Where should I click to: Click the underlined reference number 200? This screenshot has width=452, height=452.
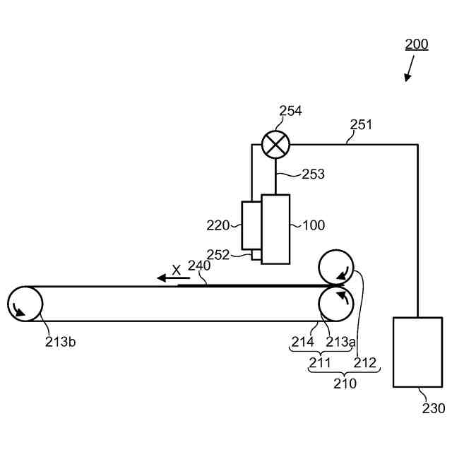coord(417,44)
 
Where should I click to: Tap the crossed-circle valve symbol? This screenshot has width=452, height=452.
coord(275,145)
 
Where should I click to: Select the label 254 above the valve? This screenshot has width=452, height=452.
coord(290,111)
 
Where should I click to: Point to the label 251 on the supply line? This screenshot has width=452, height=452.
coord(361,124)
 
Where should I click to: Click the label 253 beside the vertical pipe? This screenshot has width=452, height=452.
coord(313,174)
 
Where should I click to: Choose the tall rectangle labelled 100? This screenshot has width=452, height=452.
coord(275,229)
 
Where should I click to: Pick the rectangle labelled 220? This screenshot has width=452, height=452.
coord(251,225)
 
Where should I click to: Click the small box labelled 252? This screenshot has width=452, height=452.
coord(256,255)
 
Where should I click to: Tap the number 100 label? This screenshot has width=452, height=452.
coord(314,225)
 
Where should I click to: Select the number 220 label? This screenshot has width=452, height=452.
coord(218,225)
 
